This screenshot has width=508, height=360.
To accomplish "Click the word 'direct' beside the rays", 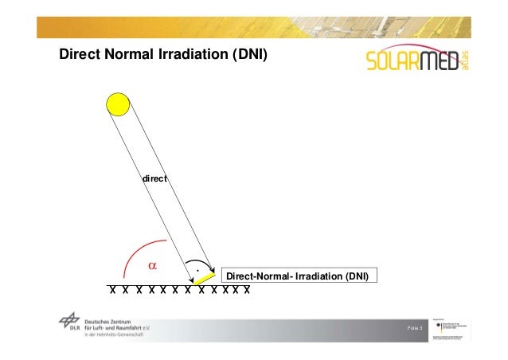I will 154,180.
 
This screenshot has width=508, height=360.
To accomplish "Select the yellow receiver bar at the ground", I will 205,276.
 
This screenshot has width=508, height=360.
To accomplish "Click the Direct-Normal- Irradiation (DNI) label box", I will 298,276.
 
